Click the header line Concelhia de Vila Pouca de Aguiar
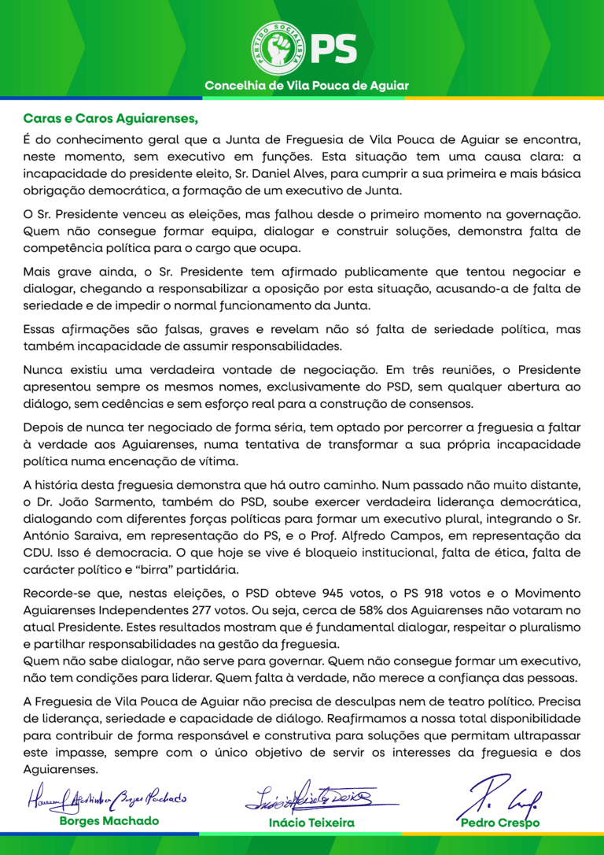[x=306, y=85]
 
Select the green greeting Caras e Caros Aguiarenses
[x=110, y=119]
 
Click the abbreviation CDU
[x=36, y=553]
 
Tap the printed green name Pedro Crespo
[x=500, y=823]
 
